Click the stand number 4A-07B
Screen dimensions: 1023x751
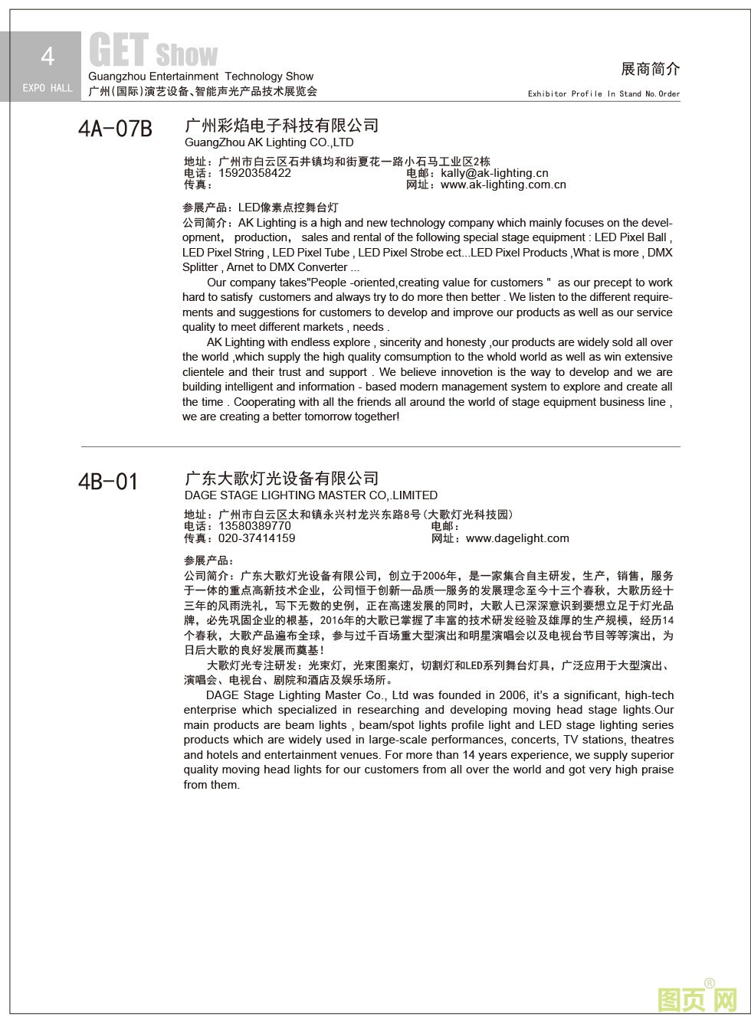(x=115, y=129)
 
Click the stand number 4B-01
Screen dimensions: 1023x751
(x=108, y=482)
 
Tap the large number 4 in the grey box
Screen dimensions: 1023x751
(x=48, y=56)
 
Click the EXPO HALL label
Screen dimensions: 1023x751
(x=48, y=88)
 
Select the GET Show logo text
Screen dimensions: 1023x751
(x=153, y=52)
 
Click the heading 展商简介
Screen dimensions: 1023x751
(x=650, y=69)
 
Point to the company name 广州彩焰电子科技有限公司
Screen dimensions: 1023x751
(x=282, y=126)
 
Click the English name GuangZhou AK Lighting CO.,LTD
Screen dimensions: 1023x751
(x=269, y=142)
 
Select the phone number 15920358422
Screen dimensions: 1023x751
(x=254, y=173)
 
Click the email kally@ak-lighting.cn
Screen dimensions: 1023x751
(x=494, y=173)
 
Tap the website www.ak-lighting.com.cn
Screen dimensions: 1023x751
(x=503, y=185)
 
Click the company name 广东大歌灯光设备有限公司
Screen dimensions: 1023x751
(x=282, y=479)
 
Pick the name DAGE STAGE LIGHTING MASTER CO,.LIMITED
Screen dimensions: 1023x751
(x=311, y=495)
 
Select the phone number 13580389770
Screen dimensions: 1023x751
(x=254, y=526)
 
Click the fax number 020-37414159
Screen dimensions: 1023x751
(x=257, y=538)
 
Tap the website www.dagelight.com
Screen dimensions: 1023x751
(x=517, y=538)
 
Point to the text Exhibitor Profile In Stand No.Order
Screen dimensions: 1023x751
(x=604, y=94)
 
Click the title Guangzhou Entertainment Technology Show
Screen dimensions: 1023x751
(x=201, y=77)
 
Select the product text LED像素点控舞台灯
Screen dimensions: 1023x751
(x=288, y=208)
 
